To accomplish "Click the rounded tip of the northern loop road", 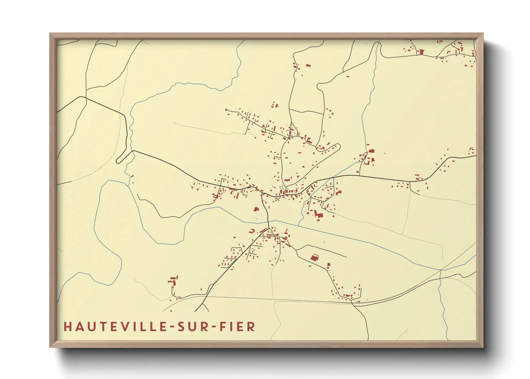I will (x=338, y=146).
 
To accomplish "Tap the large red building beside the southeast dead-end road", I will (x=314, y=258).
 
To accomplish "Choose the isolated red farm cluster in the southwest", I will (x=173, y=281).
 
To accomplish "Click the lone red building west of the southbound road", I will (x=256, y=209).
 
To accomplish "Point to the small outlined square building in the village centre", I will (x=281, y=187).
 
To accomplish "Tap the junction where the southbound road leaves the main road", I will (x=263, y=195).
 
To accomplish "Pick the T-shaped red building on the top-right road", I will (x=421, y=52).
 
